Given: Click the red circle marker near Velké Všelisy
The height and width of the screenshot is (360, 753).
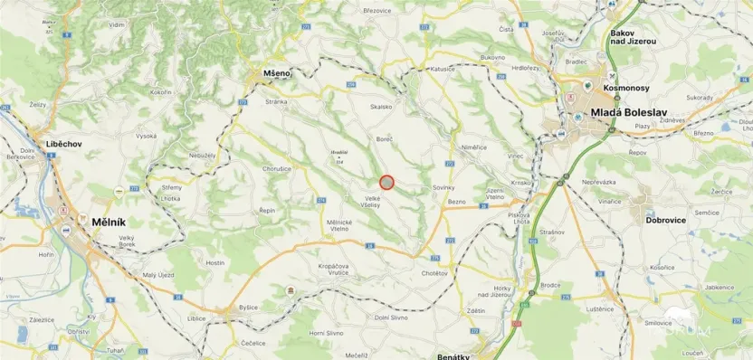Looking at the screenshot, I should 386,182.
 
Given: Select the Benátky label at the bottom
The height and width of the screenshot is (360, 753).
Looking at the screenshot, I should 453,356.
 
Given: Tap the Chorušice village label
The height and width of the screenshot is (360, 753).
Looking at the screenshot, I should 277,168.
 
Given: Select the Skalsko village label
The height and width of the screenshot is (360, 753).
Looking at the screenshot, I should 381,107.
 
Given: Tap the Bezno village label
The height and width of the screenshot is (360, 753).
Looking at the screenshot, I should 457,202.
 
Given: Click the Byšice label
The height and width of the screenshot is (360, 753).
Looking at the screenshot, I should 249,308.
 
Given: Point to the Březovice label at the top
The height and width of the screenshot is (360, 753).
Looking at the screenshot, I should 376,10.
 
